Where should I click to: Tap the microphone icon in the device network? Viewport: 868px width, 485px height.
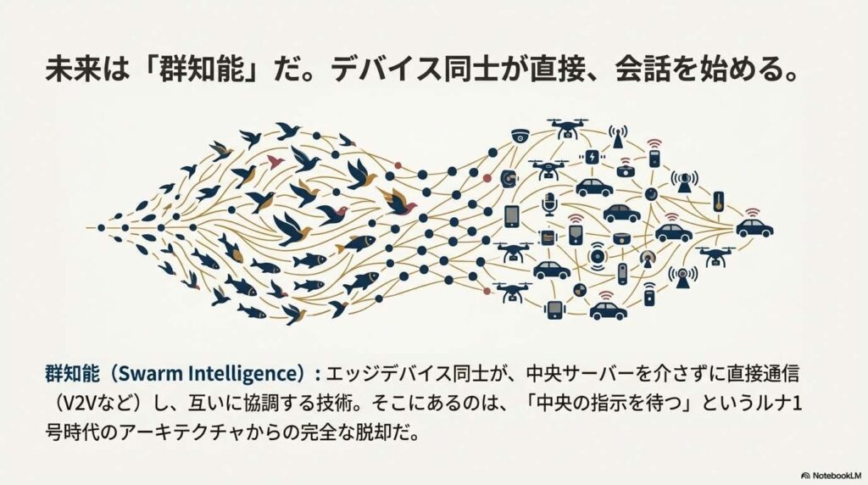click(549, 203)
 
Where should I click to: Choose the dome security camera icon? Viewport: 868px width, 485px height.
click(520, 136)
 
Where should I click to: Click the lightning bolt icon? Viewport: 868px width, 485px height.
click(591, 157)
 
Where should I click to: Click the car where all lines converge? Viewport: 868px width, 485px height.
click(754, 227)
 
